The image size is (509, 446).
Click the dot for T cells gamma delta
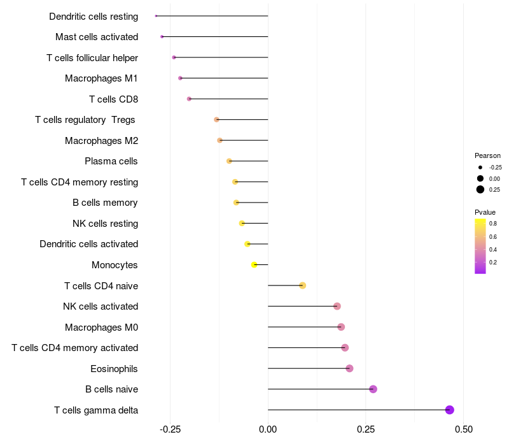[x=450, y=410]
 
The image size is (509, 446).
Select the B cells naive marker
[x=373, y=389]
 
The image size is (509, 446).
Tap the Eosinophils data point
[x=349, y=368]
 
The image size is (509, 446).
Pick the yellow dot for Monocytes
[x=254, y=264]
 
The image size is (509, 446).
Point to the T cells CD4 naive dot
[x=303, y=285]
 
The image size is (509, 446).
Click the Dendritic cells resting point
[x=156, y=16]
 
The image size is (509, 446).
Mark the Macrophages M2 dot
[x=220, y=140]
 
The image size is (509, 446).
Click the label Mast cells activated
[x=97, y=37]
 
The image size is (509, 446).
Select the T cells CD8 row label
[x=113, y=99]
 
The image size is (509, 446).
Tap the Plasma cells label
[x=111, y=161]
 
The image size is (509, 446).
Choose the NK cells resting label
[x=105, y=224]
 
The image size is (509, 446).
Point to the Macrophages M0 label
[x=101, y=327]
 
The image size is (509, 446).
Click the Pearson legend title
[x=487, y=155]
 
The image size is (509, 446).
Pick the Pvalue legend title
[x=485, y=212]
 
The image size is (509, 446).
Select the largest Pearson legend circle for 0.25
[x=480, y=189]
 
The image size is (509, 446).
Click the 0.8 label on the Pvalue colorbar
[x=493, y=224]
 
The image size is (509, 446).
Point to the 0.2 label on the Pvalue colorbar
[x=493, y=262]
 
